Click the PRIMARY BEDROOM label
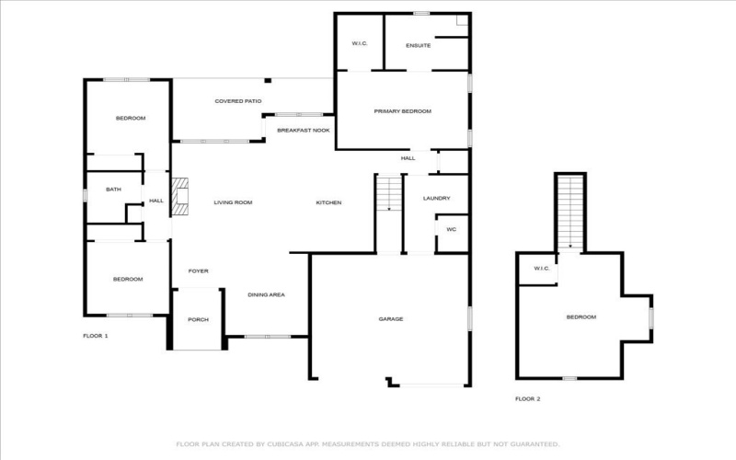[x=402, y=111]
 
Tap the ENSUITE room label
[x=419, y=45]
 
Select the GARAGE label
[x=391, y=319]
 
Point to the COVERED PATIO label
[x=238, y=101]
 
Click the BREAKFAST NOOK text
[x=304, y=131]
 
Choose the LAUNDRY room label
[x=436, y=199]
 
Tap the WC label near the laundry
[x=451, y=229]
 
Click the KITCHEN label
[x=329, y=202]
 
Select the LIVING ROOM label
[x=233, y=202]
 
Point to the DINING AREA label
[x=266, y=294]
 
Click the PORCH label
[x=198, y=319]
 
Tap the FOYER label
[x=198, y=271]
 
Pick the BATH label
[x=113, y=190]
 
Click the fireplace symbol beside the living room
[x=181, y=196]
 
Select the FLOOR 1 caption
[x=96, y=336]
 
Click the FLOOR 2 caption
[x=527, y=398]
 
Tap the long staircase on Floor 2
[x=570, y=212]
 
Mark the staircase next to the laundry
[x=389, y=194]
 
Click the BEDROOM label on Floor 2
[x=581, y=317]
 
